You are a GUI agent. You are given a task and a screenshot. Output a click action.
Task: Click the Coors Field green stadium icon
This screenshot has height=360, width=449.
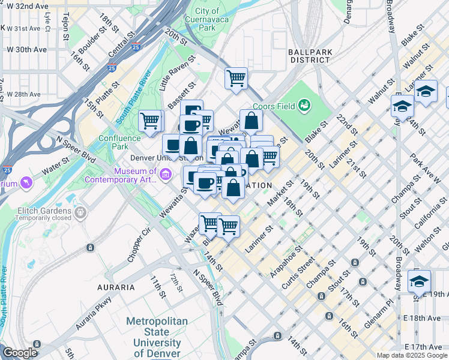[305, 106]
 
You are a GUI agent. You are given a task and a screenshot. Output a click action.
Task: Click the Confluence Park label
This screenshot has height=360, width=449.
[119, 142]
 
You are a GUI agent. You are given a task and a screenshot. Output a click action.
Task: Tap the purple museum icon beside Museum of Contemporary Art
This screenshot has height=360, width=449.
[166, 175]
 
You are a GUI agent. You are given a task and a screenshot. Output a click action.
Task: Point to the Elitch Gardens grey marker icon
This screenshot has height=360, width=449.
[80, 212]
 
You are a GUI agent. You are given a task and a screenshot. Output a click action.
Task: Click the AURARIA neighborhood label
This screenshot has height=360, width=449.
[116, 287]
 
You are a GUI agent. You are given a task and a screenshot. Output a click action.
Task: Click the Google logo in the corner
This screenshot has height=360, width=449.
[20, 353]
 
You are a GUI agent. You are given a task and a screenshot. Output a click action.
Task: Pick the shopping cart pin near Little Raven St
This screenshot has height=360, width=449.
[237, 77]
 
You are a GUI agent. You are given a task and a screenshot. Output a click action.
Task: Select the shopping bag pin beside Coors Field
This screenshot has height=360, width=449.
[251, 121]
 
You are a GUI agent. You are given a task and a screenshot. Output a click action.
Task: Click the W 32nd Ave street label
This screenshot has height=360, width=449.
[25, 6]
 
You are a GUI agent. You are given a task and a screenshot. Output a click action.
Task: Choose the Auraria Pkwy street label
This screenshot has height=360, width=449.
[94, 313]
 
